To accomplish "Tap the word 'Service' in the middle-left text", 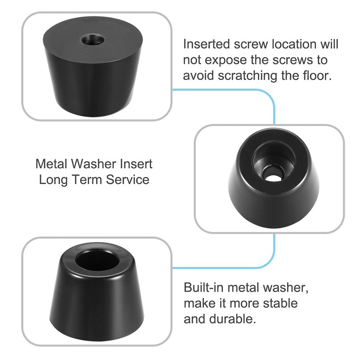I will pyautogui.click(x=128, y=179).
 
